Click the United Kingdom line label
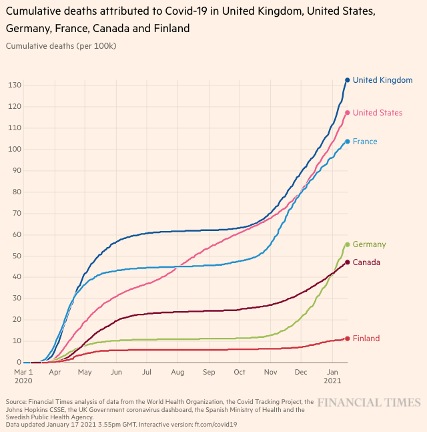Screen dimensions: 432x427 [382, 80]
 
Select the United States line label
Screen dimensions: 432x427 [377, 113]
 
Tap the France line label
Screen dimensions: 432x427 [365, 142]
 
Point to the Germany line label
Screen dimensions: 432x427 [369, 244]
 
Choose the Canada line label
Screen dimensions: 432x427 [366, 262]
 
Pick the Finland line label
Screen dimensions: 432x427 [366, 339]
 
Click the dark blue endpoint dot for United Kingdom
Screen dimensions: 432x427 [347, 80]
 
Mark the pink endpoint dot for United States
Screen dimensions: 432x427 [347, 113]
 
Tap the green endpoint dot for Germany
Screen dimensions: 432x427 [347, 244]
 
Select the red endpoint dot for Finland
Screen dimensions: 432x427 [347, 339]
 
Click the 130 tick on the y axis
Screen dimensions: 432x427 [14, 85]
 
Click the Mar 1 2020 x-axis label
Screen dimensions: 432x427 [23, 376]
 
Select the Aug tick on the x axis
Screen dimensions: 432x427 [177, 371]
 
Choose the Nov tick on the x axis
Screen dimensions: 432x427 [271, 371]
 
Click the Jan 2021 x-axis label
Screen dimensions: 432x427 [333, 376]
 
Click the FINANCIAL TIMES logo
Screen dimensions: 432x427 [368, 403]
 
